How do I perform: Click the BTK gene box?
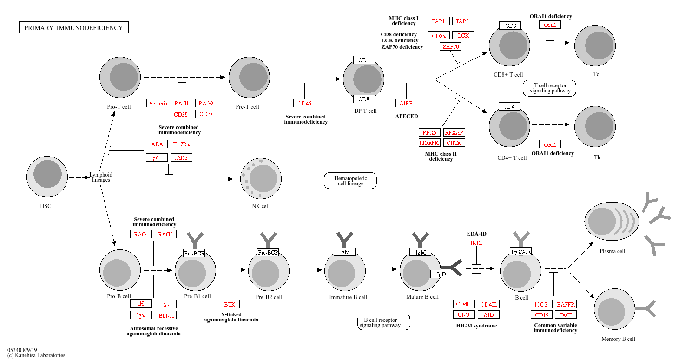(229, 304)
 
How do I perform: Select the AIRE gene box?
(406, 103)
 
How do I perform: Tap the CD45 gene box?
(304, 103)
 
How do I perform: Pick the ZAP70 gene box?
(450, 46)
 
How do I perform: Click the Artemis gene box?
(158, 103)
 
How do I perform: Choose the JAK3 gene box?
(181, 157)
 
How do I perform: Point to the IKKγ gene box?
(476, 242)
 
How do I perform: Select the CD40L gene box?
(489, 304)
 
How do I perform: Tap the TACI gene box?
(566, 315)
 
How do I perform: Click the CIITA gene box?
(454, 143)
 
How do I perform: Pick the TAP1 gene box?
(439, 21)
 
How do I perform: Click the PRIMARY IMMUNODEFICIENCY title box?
(74, 27)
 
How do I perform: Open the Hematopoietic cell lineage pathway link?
(350, 181)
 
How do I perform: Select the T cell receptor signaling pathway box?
(549, 88)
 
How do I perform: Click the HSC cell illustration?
(47, 177)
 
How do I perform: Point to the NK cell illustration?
(261, 178)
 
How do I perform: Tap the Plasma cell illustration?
(612, 222)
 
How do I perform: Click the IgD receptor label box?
(441, 274)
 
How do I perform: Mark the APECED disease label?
(407, 116)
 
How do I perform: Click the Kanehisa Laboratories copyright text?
(36, 355)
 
